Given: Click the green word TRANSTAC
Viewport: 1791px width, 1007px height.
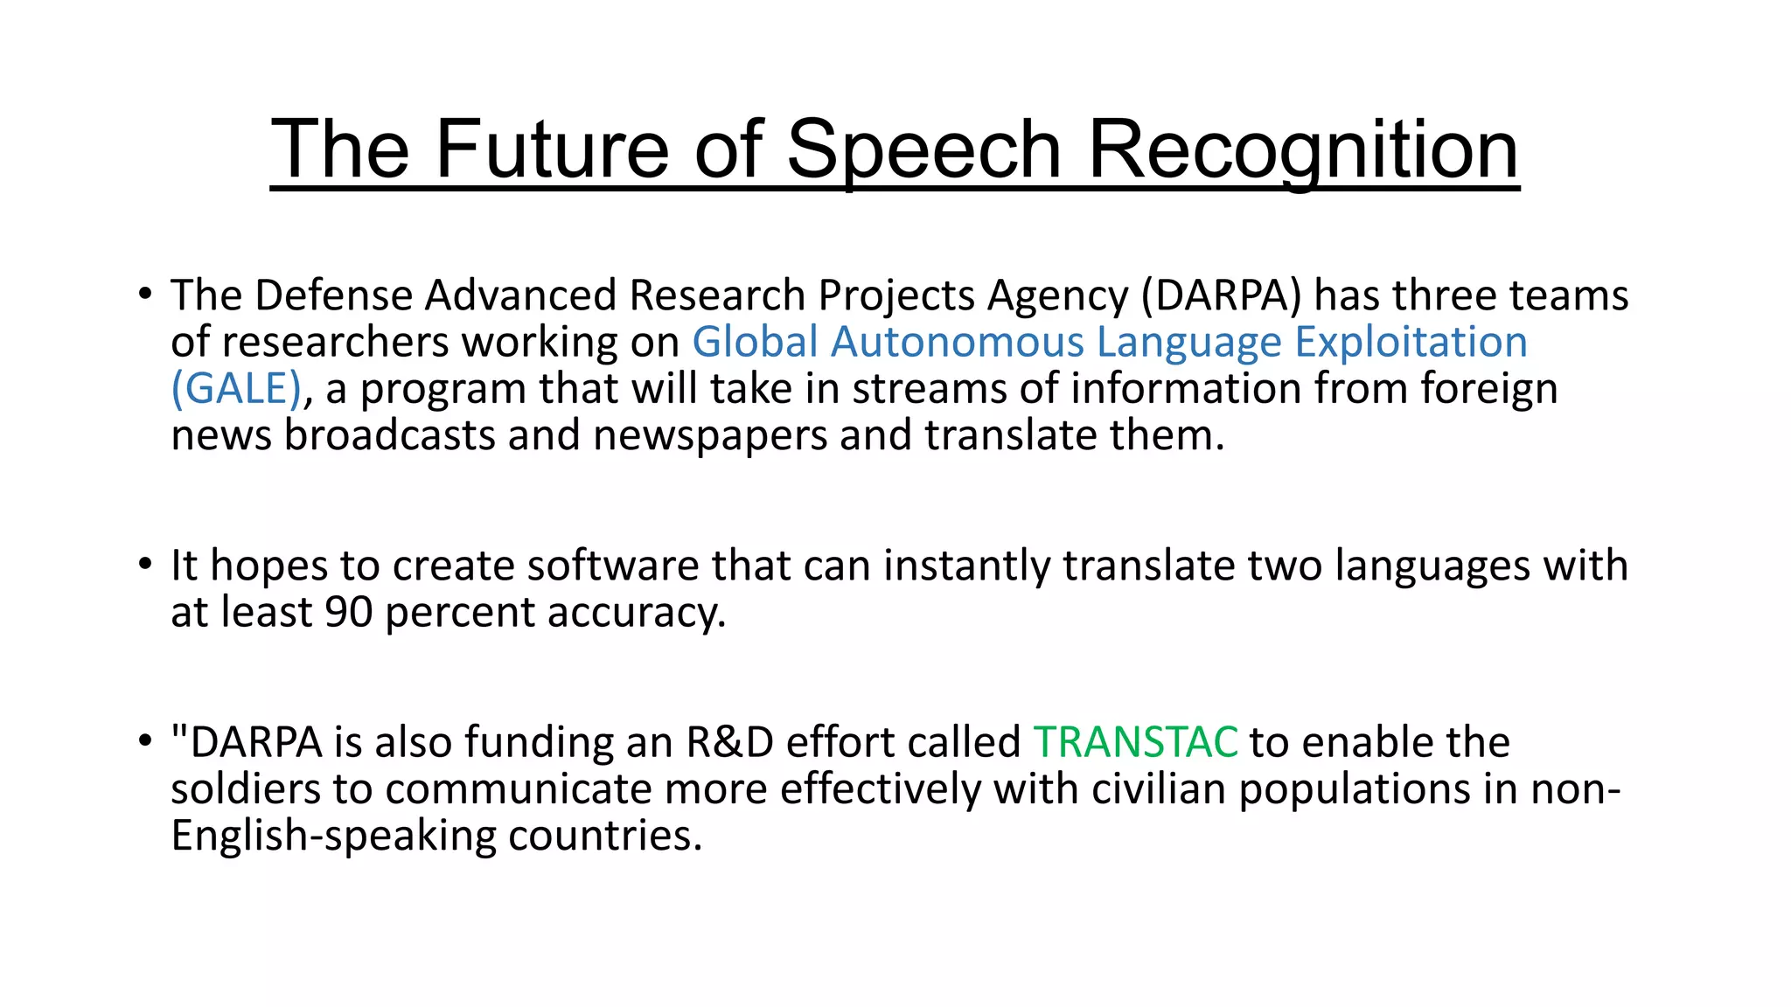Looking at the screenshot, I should coord(1135,742).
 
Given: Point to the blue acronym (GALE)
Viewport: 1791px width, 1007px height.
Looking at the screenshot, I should coord(236,388).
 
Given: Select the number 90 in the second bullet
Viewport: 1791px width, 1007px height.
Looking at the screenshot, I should coord(349,612).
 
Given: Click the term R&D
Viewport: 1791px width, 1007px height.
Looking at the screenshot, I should coord(729,742).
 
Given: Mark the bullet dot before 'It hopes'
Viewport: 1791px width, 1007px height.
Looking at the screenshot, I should coord(145,564).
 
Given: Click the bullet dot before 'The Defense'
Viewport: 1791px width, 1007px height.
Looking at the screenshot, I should coord(145,294).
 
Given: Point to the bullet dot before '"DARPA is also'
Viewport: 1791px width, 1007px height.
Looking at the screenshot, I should coord(145,741).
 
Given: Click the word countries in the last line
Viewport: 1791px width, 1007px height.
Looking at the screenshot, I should coord(605,836).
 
